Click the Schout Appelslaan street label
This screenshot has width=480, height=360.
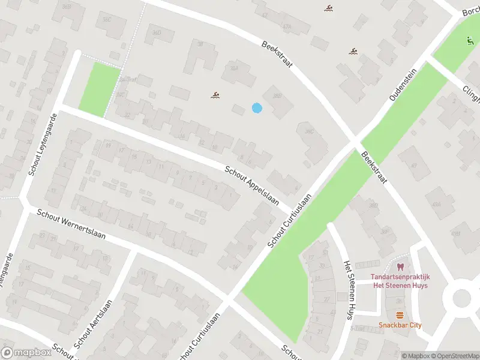(252, 186)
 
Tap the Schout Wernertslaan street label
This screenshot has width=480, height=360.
(71, 224)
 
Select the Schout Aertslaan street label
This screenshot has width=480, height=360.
(92, 325)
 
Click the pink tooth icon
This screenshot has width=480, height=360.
(400, 266)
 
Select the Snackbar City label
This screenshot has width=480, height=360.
(400, 325)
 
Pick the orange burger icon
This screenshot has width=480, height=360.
(400, 315)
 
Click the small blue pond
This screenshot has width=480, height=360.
(257, 108)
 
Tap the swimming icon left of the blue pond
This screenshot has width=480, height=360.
(214, 95)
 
